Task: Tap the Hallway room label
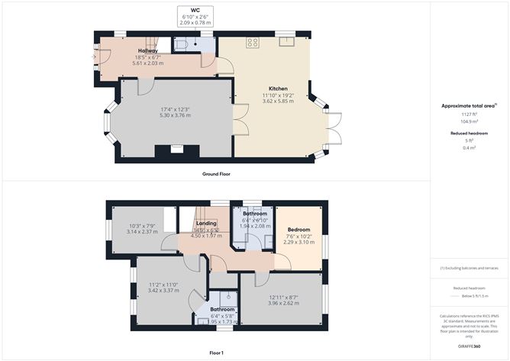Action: tap(148, 51)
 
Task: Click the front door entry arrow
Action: tap(95, 56)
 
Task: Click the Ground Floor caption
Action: tap(217, 174)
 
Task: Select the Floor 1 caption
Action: tap(217, 353)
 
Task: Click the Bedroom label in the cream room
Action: tap(299, 230)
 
